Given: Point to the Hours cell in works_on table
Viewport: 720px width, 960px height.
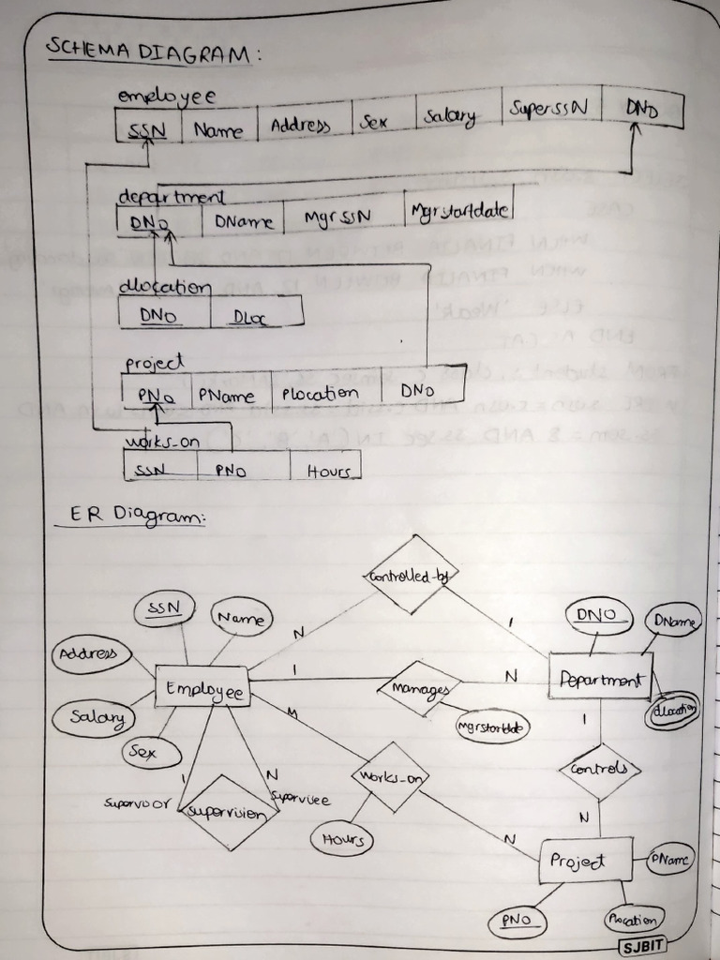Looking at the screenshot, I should pyautogui.click(x=325, y=471).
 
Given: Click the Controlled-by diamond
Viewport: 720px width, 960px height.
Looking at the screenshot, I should pyautogui.click(x=409, y=575).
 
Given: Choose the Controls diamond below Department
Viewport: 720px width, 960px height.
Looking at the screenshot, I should pyautogui.click(x=599, y=770).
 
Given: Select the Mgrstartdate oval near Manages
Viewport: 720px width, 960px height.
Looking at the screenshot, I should pyautogui.click(x=491, y=727).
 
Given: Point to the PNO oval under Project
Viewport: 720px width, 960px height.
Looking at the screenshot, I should pyautogui.click(x=516, y=922).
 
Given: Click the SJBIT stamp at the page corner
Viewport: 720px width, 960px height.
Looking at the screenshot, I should pyautogui.click(x=643, y=944).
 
